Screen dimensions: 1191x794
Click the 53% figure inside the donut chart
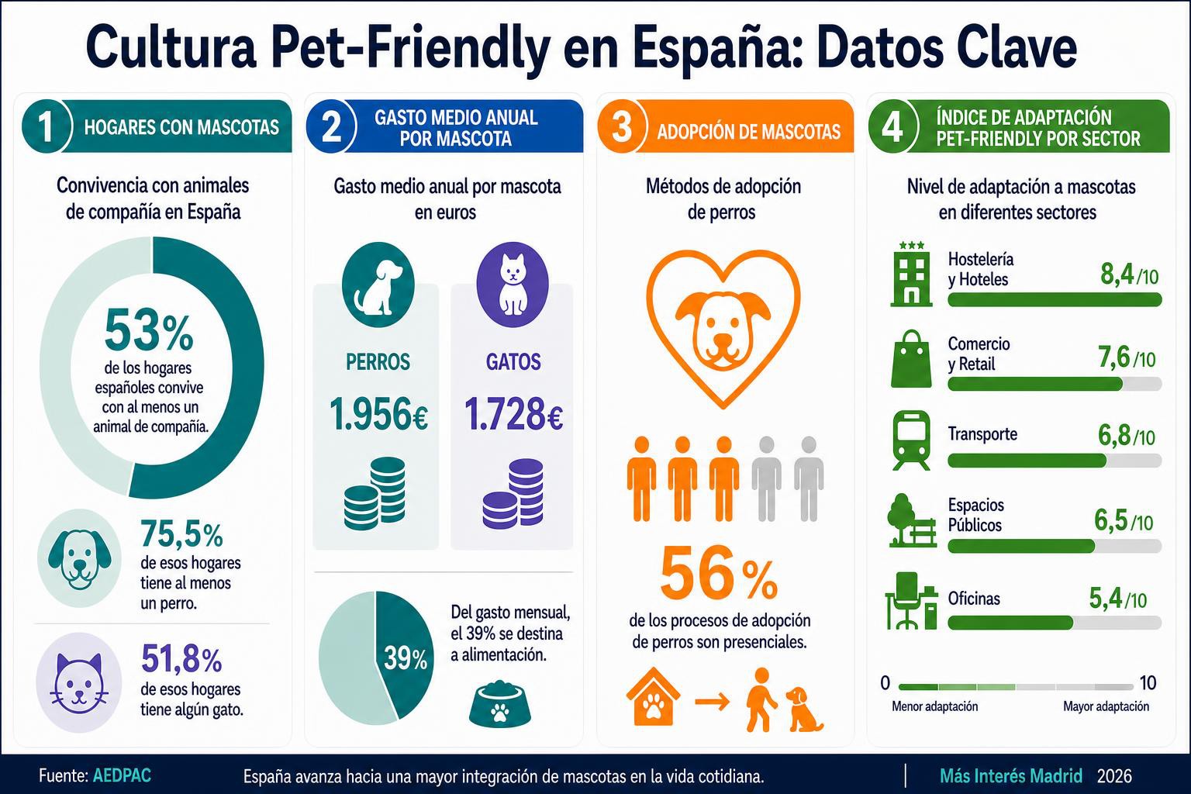149,330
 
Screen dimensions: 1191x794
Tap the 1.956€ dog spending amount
378,414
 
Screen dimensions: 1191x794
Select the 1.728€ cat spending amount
513,414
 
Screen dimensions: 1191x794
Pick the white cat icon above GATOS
513,285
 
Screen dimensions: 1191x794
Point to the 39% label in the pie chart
406,659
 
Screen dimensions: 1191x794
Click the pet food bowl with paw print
500,703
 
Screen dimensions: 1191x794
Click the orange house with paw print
654,696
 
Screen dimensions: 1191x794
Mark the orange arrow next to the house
713,703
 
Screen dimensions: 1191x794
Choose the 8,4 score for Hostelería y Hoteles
1118,274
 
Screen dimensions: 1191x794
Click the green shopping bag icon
911,358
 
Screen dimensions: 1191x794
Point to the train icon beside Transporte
911,440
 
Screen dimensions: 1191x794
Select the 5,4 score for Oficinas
1106,599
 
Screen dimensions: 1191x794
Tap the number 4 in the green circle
892,128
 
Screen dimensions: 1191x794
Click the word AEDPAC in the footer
122,775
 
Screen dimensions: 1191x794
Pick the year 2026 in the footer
1114,776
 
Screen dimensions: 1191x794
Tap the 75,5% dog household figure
181,535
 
